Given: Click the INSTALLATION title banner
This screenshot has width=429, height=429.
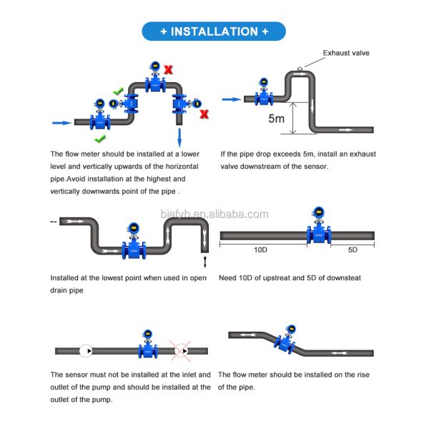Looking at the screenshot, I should (x=214, y=31).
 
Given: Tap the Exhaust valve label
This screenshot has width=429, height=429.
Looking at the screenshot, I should (x=346, y=53).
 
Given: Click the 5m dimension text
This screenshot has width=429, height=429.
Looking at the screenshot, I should (x=276, y=118).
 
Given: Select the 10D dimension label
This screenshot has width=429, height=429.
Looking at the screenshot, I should (x=260, y=250).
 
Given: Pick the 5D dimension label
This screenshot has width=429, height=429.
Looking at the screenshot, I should (x=353, y=250).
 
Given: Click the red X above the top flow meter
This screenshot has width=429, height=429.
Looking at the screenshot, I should (x=169, y=69).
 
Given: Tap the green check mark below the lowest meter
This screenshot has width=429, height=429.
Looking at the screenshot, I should (x=100, y=137).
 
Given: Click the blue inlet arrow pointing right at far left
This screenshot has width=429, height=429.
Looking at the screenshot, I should (x=62, y=123).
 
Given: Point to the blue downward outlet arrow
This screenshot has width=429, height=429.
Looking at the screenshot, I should (x=179, y=136).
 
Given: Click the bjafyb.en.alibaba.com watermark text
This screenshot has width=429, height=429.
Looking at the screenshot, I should (x=214, y=214).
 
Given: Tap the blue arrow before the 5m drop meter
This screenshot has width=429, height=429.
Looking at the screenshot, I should (x=230, y=100).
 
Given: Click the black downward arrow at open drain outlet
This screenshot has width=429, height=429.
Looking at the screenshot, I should (x=204, y=262).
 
